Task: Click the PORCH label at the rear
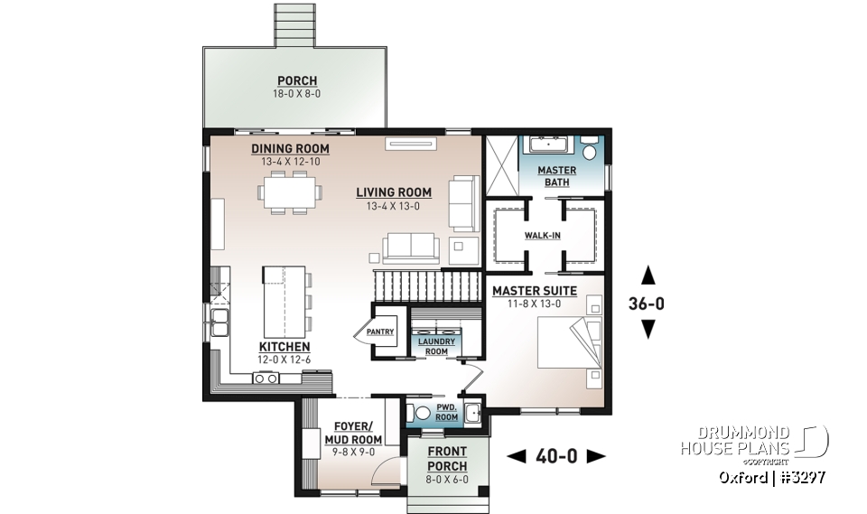pos(297,81)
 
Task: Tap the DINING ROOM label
pos(290,149)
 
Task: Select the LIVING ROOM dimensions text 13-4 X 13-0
pos(393,206)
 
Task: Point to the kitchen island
pos(283,299)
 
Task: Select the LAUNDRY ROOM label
pos(436,346)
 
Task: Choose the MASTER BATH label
pos(556,176)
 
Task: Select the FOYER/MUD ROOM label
pos(349,434)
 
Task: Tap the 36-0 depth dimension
pos(647,304)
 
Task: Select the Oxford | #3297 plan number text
pos(771,476)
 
